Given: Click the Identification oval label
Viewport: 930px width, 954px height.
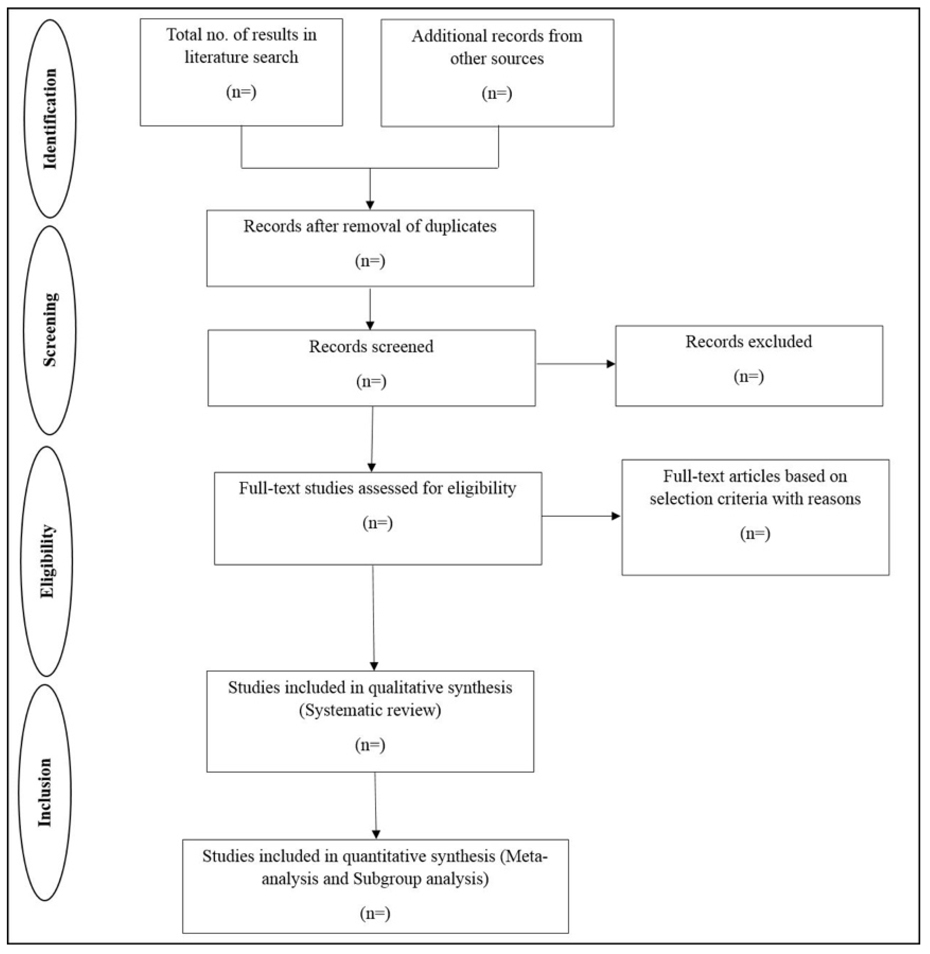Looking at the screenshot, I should pyautogui.click(x=50, y=119).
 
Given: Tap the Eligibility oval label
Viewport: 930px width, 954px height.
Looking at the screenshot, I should pyautogui.click(x=47, y=561).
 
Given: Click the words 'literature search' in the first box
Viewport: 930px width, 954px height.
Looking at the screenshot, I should pyautogui.click(x=241, y=57).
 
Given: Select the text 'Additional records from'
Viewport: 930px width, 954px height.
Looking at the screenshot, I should pyautogui.click(x=497, y=36).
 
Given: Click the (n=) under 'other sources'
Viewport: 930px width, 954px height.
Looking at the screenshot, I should pyautogui.click(x=497, y=93).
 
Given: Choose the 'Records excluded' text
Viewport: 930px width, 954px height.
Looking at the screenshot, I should pyautogui.click(x=748, y=341).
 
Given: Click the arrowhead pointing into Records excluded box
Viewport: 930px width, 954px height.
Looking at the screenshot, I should pyautogui.click(x=611, y=364).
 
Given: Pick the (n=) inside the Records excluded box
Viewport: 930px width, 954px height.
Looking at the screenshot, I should pyautogui.click(x=748, y=377).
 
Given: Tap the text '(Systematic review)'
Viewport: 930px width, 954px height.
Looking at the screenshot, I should pyautogui.click(x=370, y=710).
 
